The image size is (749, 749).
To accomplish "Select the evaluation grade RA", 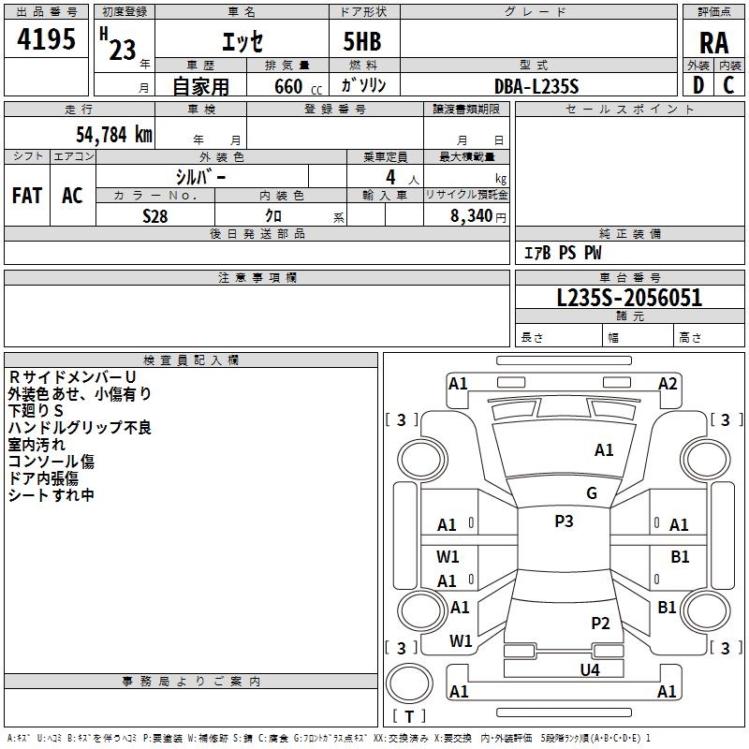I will (713, 43).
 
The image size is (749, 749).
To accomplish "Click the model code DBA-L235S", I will (536, 86).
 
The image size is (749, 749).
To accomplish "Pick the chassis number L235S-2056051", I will (629, 299).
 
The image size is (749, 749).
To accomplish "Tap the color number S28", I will (154, 214).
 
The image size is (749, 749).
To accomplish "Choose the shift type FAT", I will (27, 196).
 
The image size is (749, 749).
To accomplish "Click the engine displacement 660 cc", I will (282, 86).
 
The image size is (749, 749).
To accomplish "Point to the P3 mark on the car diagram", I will (564, 521).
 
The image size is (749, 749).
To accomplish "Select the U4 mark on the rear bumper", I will (589, 669).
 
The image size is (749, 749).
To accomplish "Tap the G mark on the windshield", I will (592, 493).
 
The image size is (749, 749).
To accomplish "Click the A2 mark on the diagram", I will (668, 383).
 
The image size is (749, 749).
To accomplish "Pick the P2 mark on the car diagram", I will (600, 623).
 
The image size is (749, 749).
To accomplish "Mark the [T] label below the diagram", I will (408, 716).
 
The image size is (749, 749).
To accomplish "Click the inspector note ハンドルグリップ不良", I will (80, 428).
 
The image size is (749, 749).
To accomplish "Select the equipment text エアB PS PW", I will (563, 253).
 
